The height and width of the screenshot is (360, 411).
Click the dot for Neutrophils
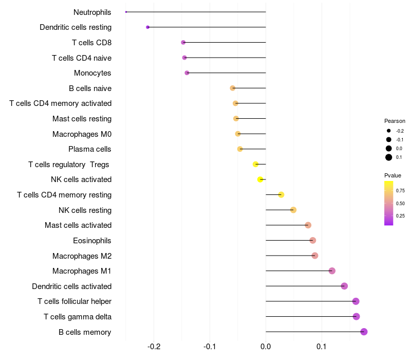(126, 12)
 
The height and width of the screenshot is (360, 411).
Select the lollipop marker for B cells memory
(364, 332)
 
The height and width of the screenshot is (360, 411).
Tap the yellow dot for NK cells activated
(260, 179)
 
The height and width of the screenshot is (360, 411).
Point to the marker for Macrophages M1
(332, 271)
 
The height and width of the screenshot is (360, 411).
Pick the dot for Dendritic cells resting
(148, 27)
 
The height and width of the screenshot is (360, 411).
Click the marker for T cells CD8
(183, 42)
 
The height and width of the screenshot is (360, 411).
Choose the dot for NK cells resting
(293, 210)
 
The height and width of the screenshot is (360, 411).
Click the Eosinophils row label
(92, 241)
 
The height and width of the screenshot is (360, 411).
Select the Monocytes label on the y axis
(92, 73)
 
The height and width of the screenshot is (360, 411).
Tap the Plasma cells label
(90, 149)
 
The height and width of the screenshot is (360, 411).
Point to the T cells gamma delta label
(78, 317)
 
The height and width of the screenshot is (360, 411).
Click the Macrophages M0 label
(82, 134)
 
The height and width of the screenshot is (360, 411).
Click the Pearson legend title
(395, 121)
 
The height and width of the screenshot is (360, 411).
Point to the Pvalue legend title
(393, 175)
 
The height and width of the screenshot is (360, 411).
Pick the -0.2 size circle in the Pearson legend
(389, 131)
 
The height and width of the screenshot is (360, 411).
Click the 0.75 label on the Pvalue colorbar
(400, 191)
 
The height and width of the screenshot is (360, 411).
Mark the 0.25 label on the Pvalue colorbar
(400, 216)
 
